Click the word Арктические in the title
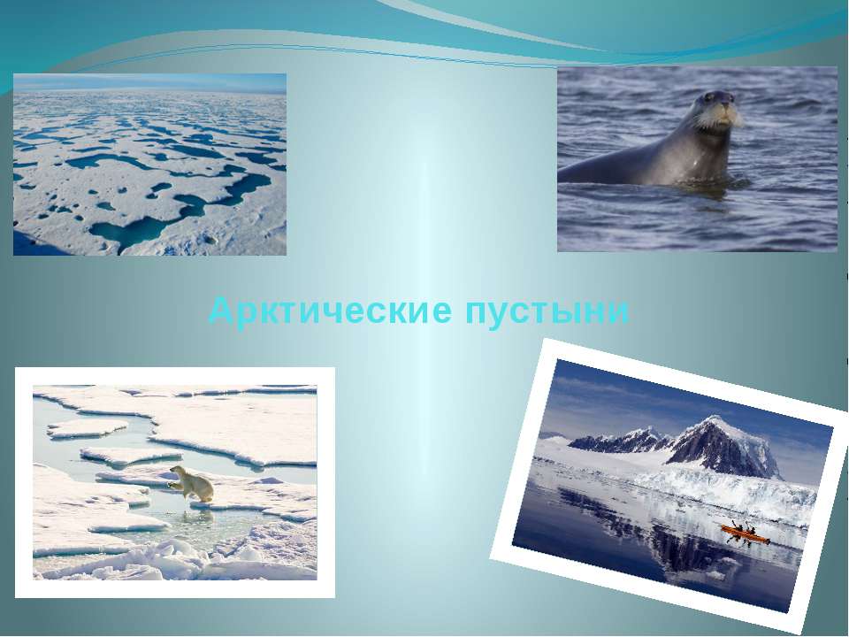(x=330, y=311)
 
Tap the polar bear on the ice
(x=192, y=483)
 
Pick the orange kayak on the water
(x=745, y=534)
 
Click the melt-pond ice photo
(x=150, y=165)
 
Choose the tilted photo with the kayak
(x=669, y=485)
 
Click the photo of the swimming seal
(x=698, y=159)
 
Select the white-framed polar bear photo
(x=175, y=483)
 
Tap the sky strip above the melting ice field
(x=150, y=83)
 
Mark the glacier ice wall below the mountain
(x=725, y=490)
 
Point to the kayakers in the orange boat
(x=744, y=527)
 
